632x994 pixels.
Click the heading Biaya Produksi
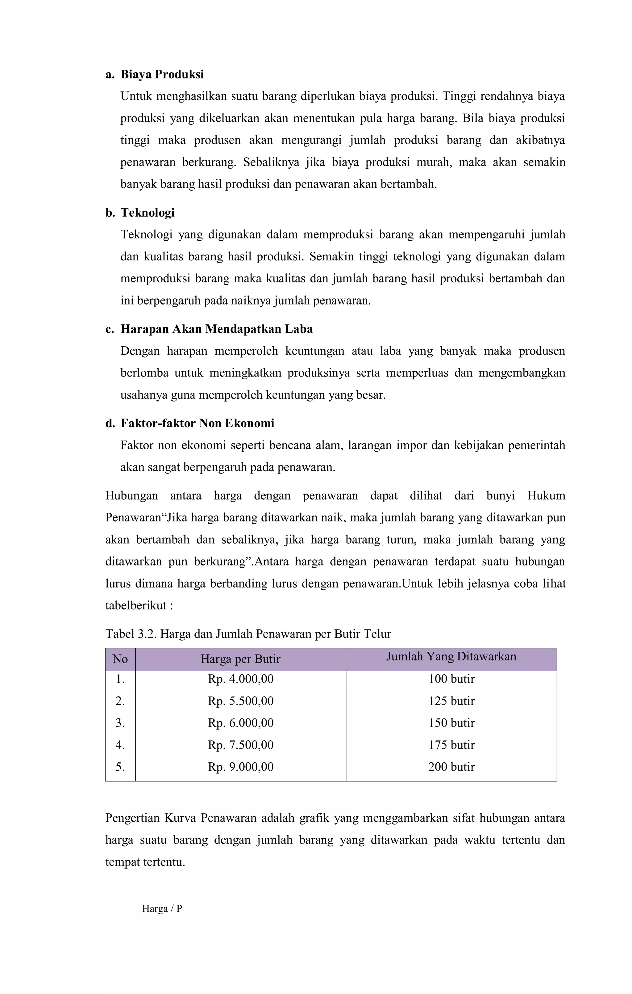pos(162,75)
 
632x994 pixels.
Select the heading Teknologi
pos(147,213)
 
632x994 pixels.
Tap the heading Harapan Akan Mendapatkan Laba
pos(216,329)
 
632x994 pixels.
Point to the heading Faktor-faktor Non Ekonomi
pos(197,423)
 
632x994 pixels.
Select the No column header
pos(120,659)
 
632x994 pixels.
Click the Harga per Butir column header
pos(240,659)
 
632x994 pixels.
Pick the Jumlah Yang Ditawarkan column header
pos(451,657)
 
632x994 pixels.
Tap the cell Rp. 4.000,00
pos(240,679)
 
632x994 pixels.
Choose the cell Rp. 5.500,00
pos(240,701)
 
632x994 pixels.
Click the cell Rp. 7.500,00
pos(240,745)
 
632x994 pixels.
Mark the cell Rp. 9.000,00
pos(240,767)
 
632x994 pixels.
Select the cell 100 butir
pos(451,679)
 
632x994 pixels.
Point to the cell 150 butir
pos(451,723)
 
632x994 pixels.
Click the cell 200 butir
pos(451,767)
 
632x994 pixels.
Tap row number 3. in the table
pos(120,723)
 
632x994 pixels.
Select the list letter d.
pos(110,423)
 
